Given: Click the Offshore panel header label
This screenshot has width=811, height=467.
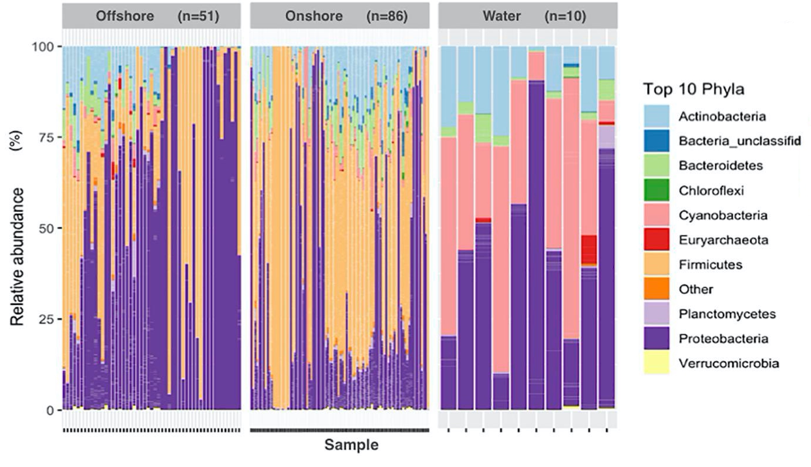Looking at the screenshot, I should [124, 16].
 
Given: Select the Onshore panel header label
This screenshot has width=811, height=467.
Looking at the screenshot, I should [314, 16].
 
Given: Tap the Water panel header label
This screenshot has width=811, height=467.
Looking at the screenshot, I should [502, 16].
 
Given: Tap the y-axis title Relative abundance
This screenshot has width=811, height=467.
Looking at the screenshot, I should [18, 257].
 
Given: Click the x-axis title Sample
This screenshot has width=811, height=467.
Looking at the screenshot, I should [351, 445].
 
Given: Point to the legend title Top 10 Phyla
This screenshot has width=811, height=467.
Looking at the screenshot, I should [694, 90].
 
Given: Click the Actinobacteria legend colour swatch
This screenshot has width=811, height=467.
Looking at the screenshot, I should [656, 116].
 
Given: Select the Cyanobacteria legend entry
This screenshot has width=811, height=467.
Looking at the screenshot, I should [722, 215].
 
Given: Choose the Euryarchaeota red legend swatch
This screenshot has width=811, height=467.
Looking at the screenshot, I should [656, 240].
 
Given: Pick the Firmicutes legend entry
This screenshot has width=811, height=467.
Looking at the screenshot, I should [711, 264].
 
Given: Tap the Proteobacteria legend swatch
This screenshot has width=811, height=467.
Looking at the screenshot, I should [656, 338].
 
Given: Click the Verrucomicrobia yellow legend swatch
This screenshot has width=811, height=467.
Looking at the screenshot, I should [656, 363].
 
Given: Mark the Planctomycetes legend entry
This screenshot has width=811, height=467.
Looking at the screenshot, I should [727, 314].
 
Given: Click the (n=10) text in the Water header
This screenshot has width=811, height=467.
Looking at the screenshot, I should [565, 16].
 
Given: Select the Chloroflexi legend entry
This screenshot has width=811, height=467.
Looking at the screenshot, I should [711, 190].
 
